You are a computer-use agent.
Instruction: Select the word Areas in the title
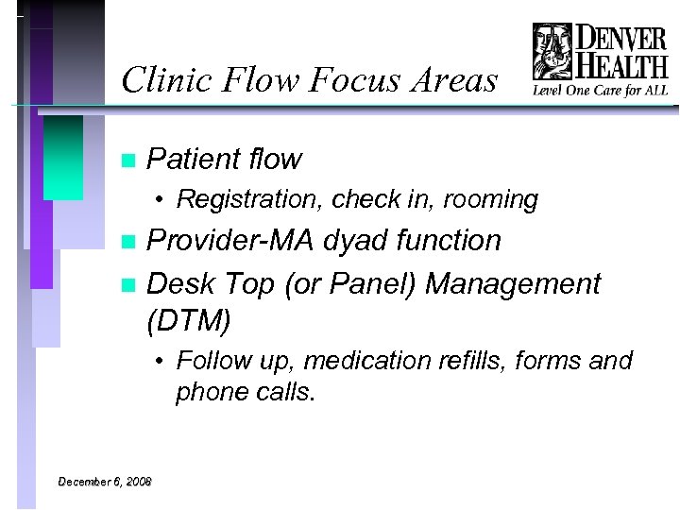pos(450,81)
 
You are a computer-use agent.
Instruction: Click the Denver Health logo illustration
pos(552,53)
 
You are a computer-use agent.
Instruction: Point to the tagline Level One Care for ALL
pos(602,91)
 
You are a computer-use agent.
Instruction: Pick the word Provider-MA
pos(231,241)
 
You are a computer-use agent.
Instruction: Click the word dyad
pos(355,241)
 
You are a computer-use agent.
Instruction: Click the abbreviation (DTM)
pos(189,322)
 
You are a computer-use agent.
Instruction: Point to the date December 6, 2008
pos(105,482)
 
